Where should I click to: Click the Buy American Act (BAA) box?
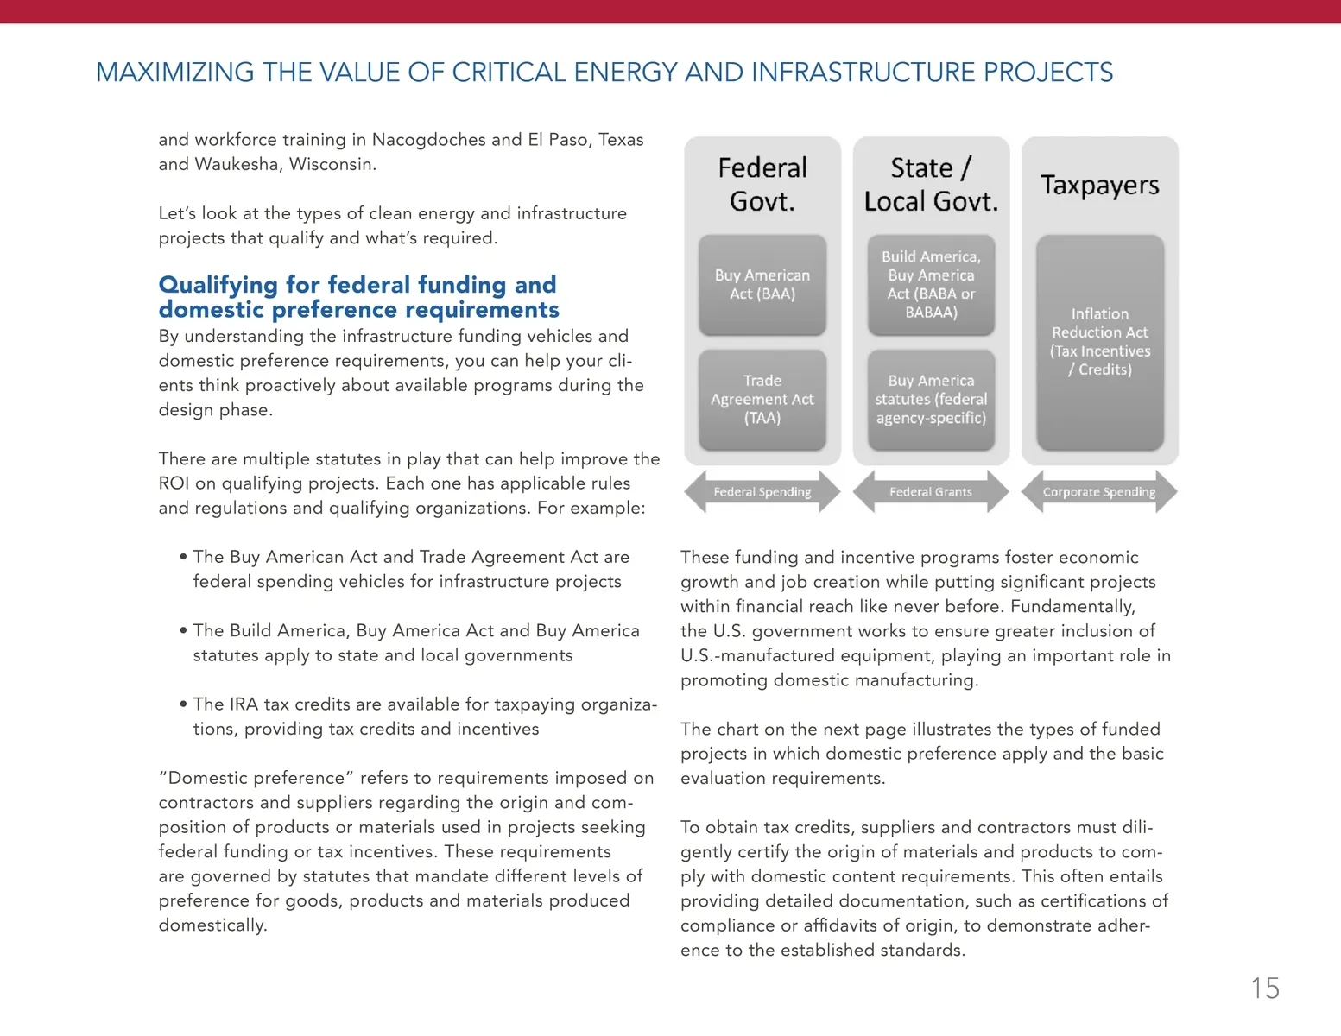click(x=762, y=285)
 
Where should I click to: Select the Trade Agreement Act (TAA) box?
click(x=762, y=400)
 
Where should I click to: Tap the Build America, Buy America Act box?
click(x=931, y=285)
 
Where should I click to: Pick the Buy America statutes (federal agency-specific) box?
click(x=931, y=400)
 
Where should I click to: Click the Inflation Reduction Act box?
click(x=1100, y=342)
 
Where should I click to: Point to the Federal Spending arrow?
click(x=762, y=492)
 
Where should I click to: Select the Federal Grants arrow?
click(x=931, y=492)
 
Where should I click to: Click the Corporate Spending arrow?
click(x=1099, y=492)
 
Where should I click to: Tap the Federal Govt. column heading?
click(x=762, y=184)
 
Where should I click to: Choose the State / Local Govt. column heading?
click(x=931, y=184)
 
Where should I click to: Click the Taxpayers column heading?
click(x=1100, y=185)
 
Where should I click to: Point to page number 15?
click(x=1265, y=989)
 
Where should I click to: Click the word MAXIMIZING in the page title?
click(x=174, y=73)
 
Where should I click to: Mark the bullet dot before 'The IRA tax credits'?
click(x=183, y=704)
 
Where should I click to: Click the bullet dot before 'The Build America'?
click(x=183, y=630)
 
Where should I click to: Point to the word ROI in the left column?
click(x=174, y=483)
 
